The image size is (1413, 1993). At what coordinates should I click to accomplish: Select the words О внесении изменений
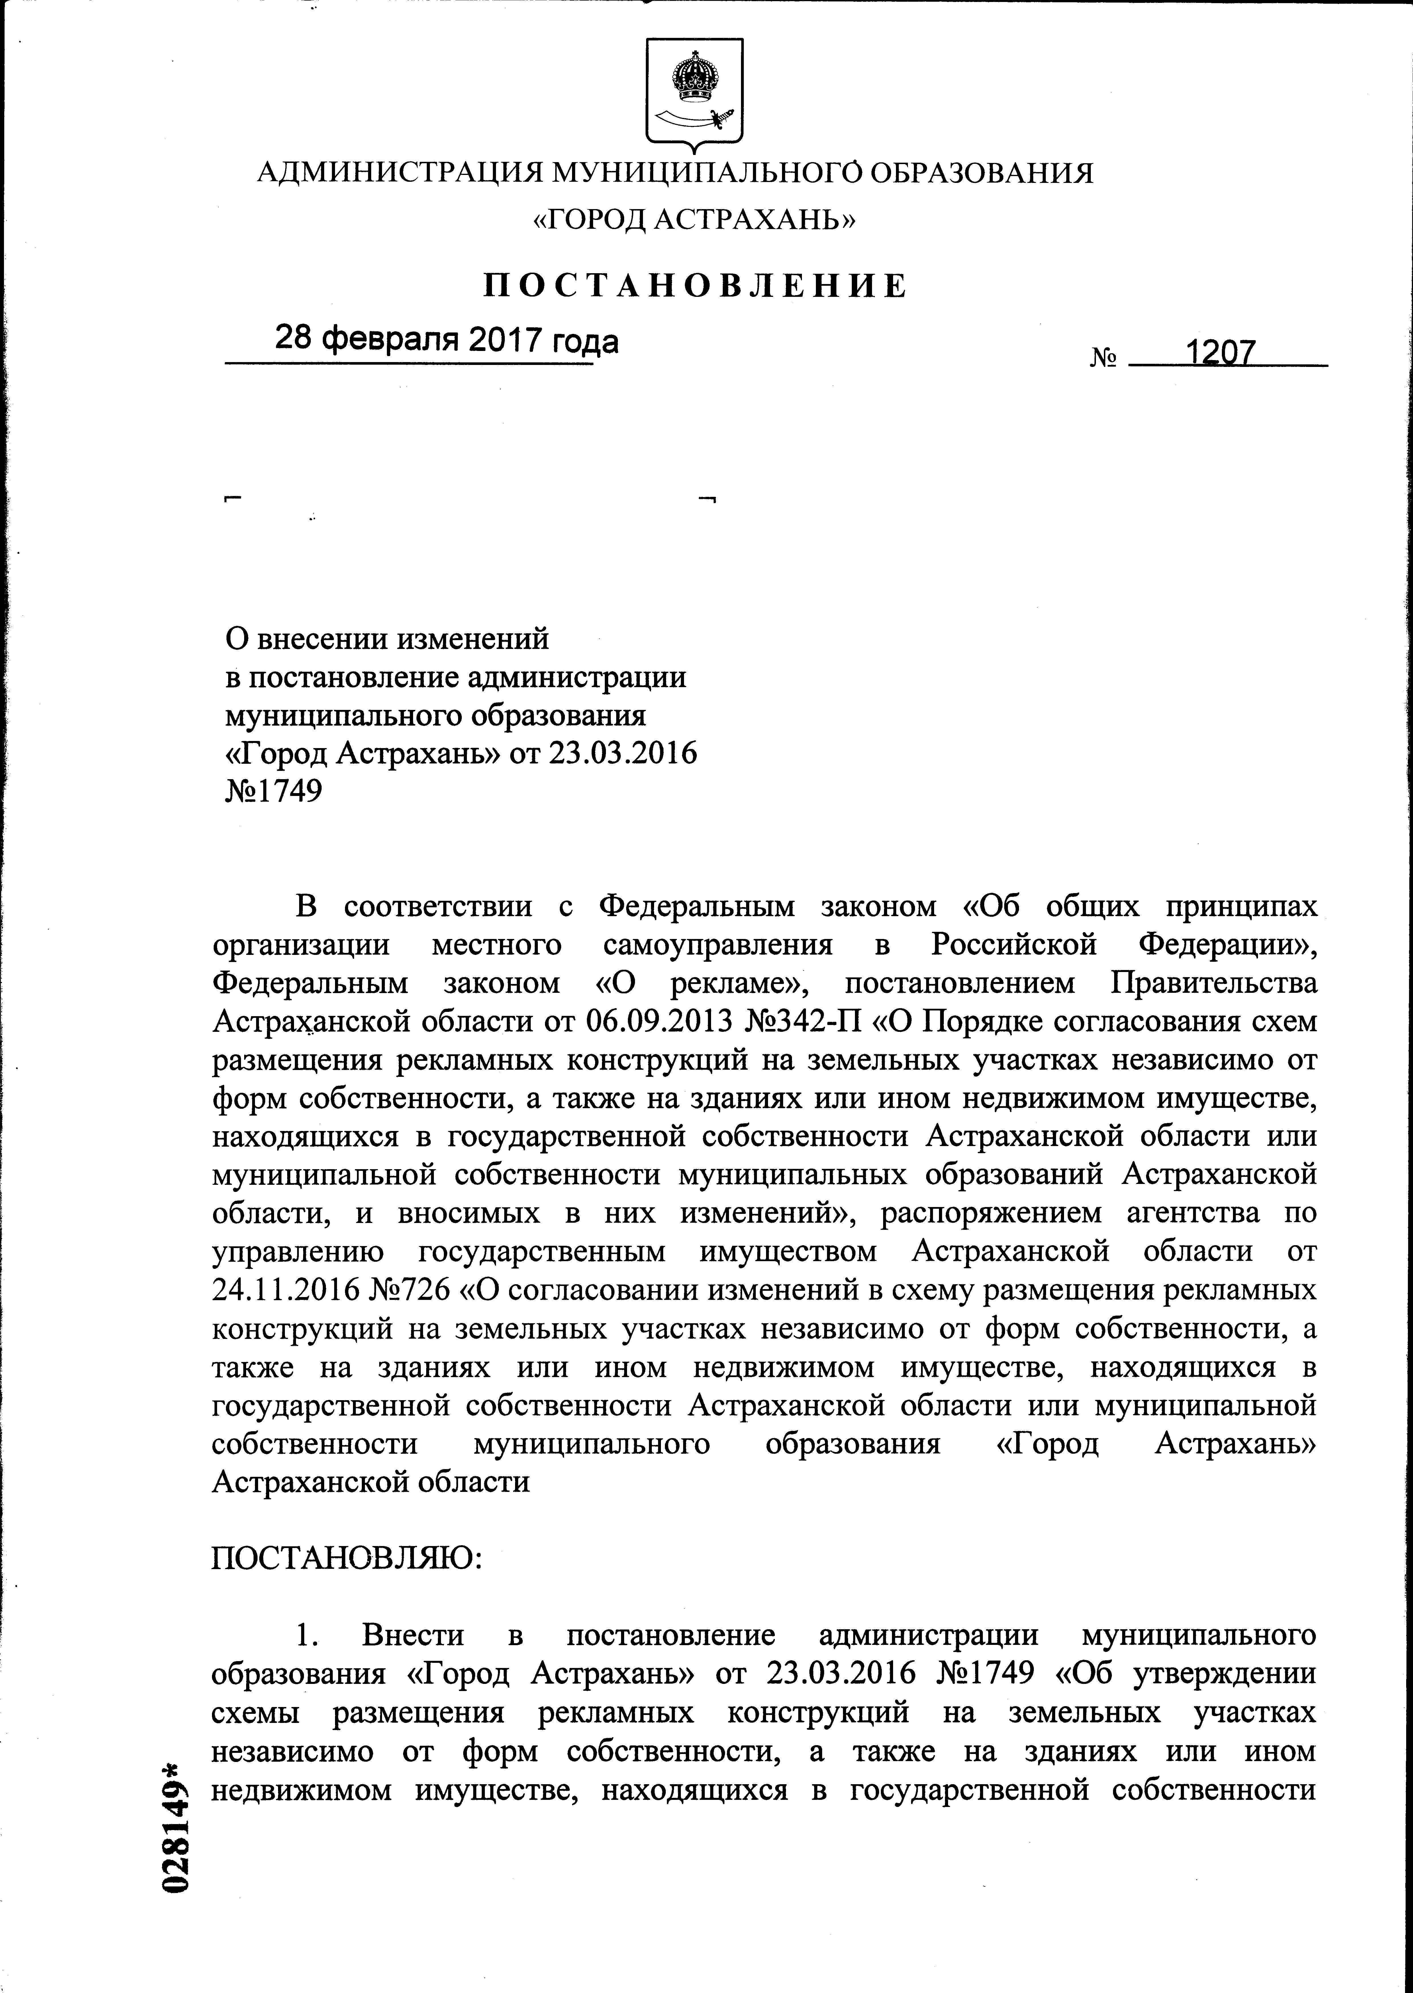tap(387, 639)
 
